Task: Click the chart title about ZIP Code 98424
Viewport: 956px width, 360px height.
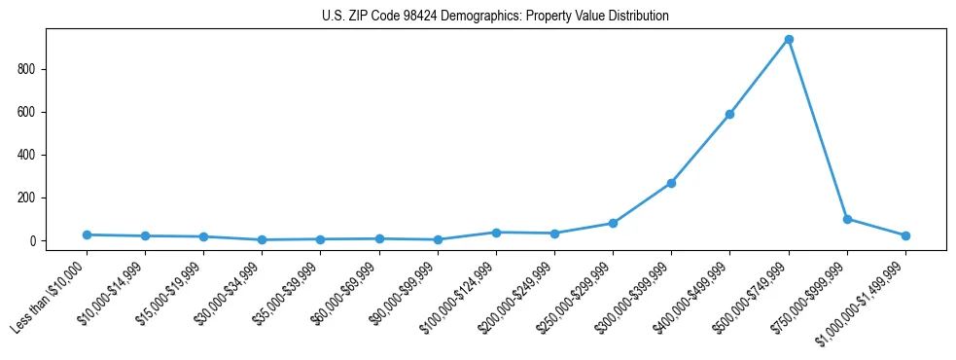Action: (x=495, y=17)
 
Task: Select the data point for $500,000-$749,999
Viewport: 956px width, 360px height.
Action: (x=789, y=40)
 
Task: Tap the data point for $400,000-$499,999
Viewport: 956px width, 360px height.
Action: (x=730, y=115)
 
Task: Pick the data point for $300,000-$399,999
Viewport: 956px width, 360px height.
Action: (x=671, y=183)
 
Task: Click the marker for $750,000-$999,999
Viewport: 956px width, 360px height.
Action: (x=847, y=219)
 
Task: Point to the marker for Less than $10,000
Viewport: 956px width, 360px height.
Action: (x=87, y=234)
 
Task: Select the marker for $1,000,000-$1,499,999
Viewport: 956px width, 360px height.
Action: (x=905, y=235)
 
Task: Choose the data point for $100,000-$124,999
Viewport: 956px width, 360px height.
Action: (x=496, y=233)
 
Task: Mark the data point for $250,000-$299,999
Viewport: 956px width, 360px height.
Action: (x=613, y=223)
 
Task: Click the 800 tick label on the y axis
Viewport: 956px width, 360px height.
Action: (x=26, y=69)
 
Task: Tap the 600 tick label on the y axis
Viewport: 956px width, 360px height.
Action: (x=26, y=112)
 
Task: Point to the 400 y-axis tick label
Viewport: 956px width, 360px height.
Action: (x=26, y=155)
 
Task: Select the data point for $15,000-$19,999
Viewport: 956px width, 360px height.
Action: (x=203, y=236)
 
